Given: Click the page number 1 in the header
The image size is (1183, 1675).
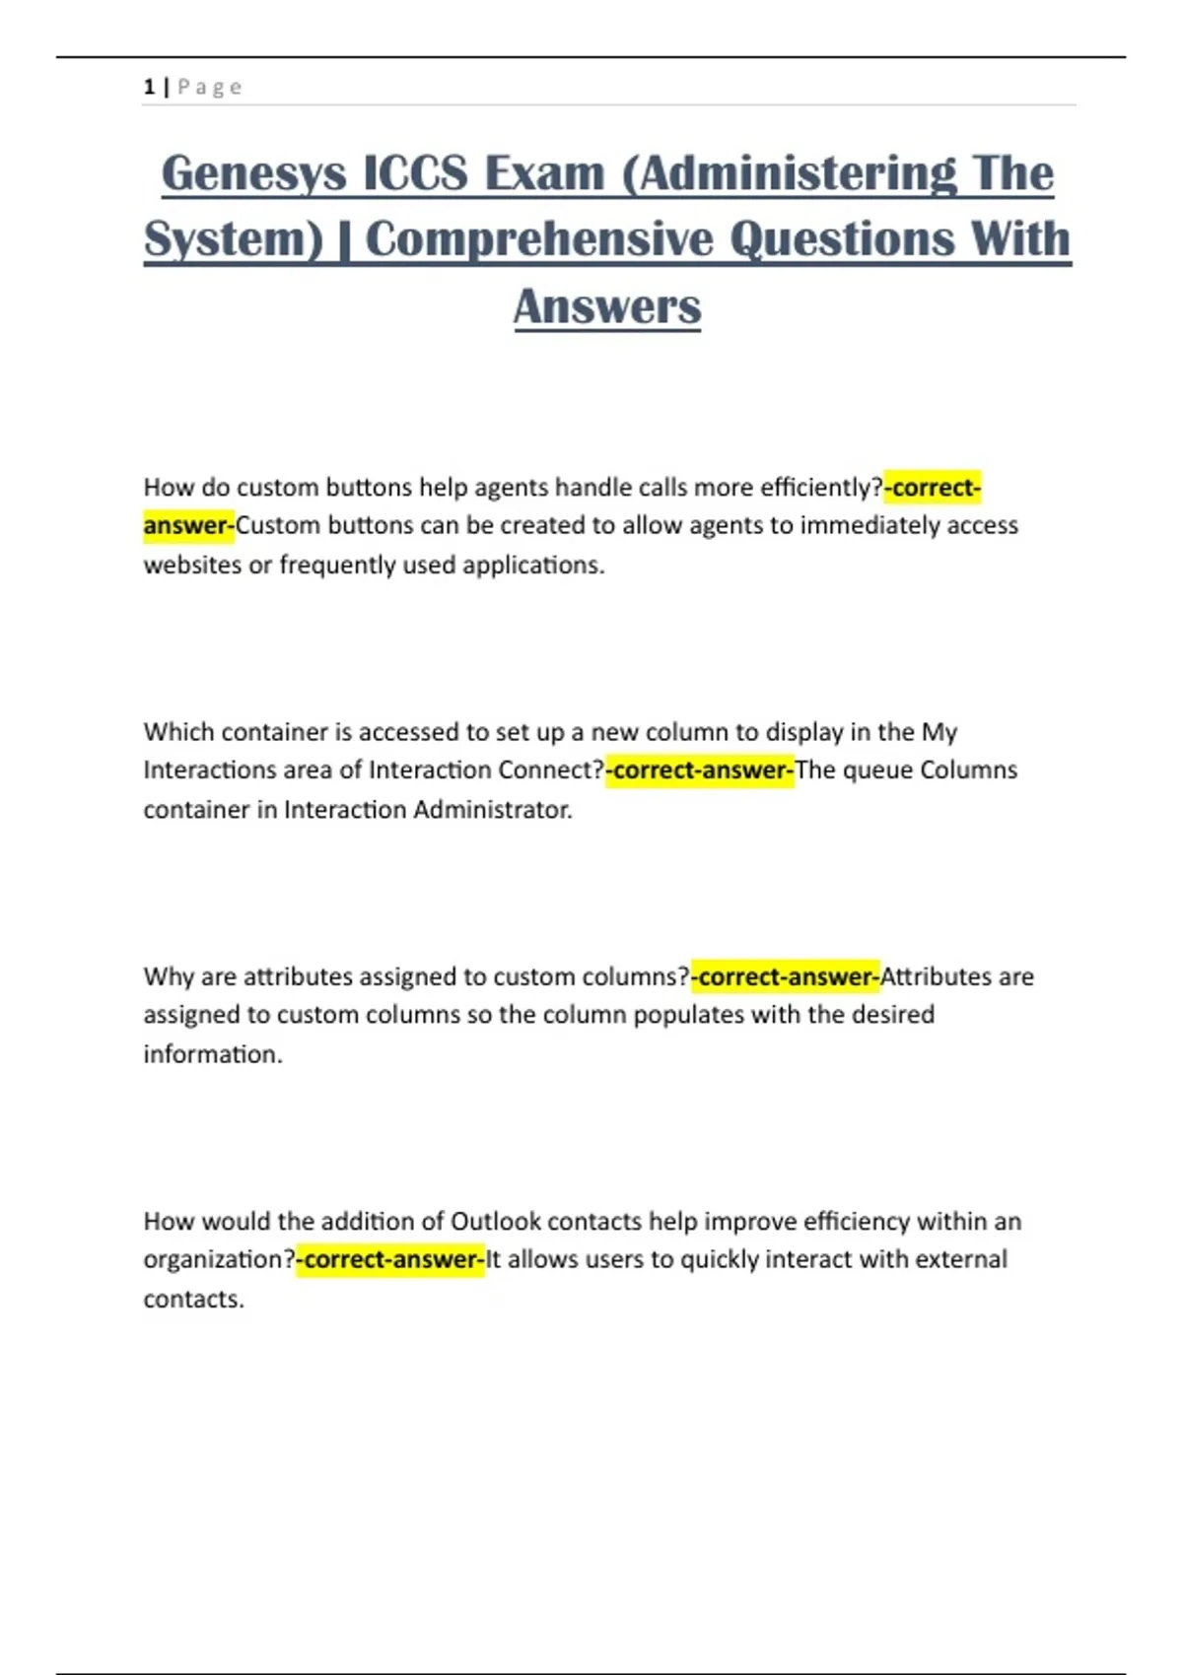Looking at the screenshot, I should pyautogui.click(x=149, y=87).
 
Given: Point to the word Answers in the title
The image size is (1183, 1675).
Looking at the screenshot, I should pyautogui.click(x=607, y=306).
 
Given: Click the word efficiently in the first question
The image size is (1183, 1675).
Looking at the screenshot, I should pyautogui.click(x=816, y=488).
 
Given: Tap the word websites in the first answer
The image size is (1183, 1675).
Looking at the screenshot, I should pyautogui.click(x=192, y=566).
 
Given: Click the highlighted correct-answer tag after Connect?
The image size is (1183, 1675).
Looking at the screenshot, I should pyautogui.click(x=700, y=770).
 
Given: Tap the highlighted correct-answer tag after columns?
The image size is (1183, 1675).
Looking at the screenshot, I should pyautogui.click(x=786, y=976).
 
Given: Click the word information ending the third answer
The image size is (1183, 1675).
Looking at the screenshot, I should pyautogui.click(x=212, y=1054).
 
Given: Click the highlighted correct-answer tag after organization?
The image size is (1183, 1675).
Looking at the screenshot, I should pyautogui.click(x=391, y=1260).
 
